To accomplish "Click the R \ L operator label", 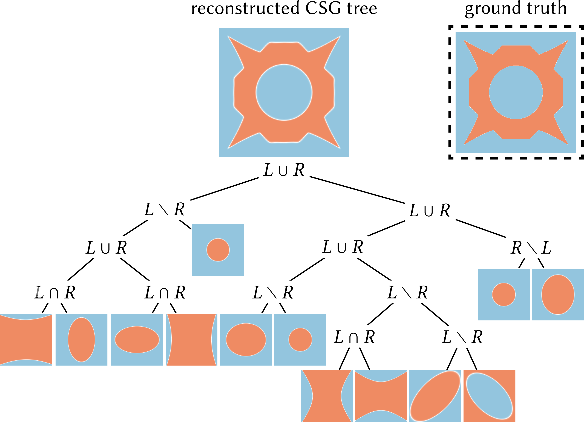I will pyautogui.click(x=531, y=248).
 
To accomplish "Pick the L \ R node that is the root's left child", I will pyautogui.click(x=164, y=209).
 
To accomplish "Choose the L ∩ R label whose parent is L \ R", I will pyautogui.click(x=354, y=337).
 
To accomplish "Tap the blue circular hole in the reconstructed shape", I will pyautogui.click(x=284, y=92).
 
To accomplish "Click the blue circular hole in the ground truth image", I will pyautogui.click(x=516, y=92).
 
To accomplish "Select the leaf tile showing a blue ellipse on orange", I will pyautogui.click(x=489, y=396).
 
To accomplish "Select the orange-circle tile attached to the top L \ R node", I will pyautogui.click(x=218, y=250).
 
